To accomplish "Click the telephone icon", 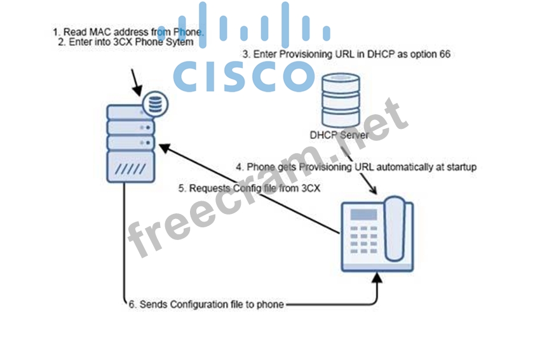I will [377, 234].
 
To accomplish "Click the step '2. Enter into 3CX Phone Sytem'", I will [125, 43].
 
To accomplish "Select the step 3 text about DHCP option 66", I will [346, 55].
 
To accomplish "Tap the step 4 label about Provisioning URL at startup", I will [356, 167].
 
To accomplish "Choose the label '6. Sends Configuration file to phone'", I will [206, 305].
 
